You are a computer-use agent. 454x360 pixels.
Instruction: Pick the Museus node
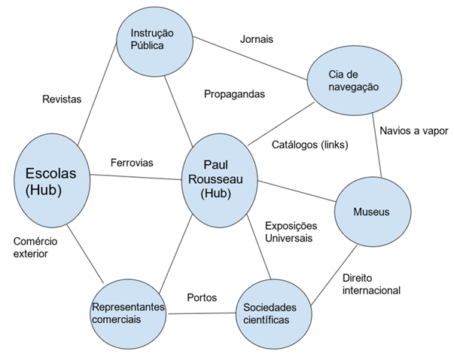(x=371, y=212)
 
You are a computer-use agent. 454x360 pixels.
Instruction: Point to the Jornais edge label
(x=255, y=38)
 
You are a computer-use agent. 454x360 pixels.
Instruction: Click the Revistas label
(x=62, y=99)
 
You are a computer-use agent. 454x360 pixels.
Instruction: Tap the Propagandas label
(x=235, y=94)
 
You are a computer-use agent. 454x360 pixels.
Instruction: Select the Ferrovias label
(x=132, y=162)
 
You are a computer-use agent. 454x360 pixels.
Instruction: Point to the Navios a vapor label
(x=413, y=129)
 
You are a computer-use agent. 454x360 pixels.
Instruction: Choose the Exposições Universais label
(x=291, y=231)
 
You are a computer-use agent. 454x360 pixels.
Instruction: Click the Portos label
(x=202, y=297)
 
